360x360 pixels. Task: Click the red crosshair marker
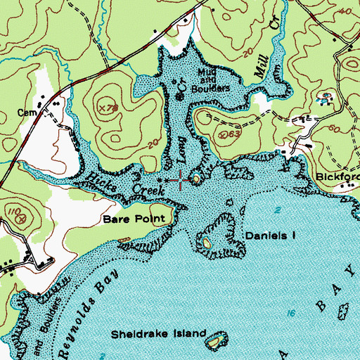click(x=181, y=181)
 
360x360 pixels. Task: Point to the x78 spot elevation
click(x=107, y=108)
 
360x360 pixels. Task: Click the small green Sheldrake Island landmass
click(x=214, y=342)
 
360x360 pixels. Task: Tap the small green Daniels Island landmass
click(x=206, y=243)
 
